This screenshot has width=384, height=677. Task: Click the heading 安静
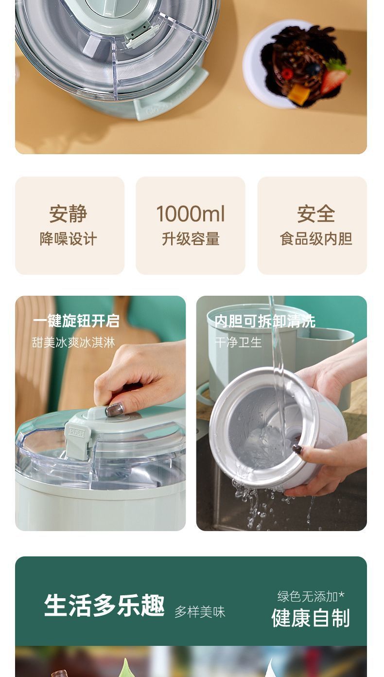click(69, 214)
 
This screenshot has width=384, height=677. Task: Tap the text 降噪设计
click(69, 239)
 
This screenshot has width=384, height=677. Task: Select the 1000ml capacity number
click(191, 214)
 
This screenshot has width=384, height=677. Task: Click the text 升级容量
click(191, 239)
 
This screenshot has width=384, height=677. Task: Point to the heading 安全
click(316, 214)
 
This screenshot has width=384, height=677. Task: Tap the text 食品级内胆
click(316, 239)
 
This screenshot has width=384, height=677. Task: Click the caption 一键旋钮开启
click(76, 321)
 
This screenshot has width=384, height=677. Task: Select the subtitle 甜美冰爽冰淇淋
click(73, 342)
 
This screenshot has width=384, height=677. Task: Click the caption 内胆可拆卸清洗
click(264, 321)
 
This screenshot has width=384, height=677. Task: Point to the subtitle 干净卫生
click(238, 342)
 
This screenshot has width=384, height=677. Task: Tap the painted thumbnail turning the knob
click(115, 410)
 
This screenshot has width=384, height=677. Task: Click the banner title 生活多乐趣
click(105, 606)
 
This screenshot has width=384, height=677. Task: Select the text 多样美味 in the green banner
click(200, 612)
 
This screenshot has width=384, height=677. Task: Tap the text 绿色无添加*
click(311, 596)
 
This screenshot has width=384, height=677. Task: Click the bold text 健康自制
click(310, 618)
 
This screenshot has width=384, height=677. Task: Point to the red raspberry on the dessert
click(287, 74)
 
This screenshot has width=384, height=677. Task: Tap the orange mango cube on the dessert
click(298, 94)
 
